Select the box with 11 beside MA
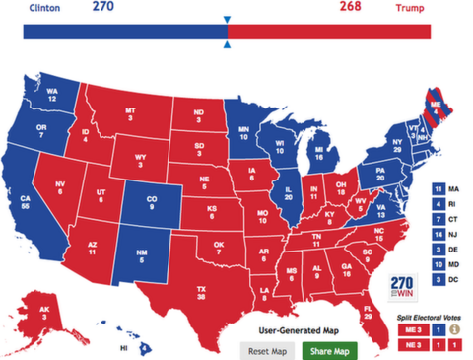click(438, 187)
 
